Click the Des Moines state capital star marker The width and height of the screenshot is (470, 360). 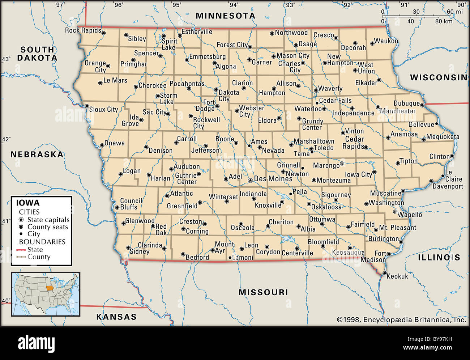click(250, 180)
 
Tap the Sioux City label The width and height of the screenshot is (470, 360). click(103, 109)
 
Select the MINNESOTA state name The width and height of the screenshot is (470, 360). click(226, 16)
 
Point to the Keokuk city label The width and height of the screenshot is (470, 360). click(397, 276)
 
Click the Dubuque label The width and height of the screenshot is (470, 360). click(406, 103)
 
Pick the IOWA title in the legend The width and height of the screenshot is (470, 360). click(27, 203)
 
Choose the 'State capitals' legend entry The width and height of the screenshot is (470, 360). click(48, 220)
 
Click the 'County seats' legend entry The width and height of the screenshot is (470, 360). click(47, 227)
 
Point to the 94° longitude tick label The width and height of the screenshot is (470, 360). click(234, 5)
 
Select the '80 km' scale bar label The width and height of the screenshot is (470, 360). click(443, 21)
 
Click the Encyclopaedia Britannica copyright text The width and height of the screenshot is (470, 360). click(401, 319)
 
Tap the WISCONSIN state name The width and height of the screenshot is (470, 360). click(439, 77)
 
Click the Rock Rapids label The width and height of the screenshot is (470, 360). click(83, 30)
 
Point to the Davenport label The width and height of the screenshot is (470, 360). click(448, 186)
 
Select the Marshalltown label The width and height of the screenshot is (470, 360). click(314, 141)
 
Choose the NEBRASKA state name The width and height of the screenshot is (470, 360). click(37, 154)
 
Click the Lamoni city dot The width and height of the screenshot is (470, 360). click(230, 258)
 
